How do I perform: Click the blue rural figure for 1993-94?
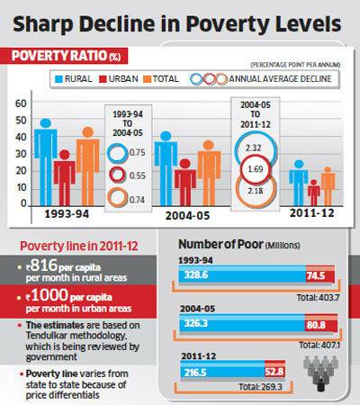[x=46, y=162]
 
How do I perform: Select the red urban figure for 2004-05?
[x=185, y=183]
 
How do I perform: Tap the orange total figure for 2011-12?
[x=328, y=186]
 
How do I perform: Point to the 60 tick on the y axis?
[x=21, y=103]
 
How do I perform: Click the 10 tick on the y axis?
[x=21, y=188]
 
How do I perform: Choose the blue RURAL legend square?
[x=58, y=79]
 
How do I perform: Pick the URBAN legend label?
[x=123, y=79]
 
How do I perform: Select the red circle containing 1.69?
[x=256, y=169]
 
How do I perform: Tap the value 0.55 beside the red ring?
[x=137, y=175]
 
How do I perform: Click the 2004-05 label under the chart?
[x=187, y=216]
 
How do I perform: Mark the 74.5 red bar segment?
[x=320, y=274]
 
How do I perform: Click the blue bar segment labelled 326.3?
[x=242, y=323]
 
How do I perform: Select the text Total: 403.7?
[x=318, y=298]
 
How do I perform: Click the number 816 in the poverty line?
[x=44, y=265]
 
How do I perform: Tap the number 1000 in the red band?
[x=49, y=295]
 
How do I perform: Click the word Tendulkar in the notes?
[x=48, y=336]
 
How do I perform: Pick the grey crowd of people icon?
[x=320, y=373]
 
